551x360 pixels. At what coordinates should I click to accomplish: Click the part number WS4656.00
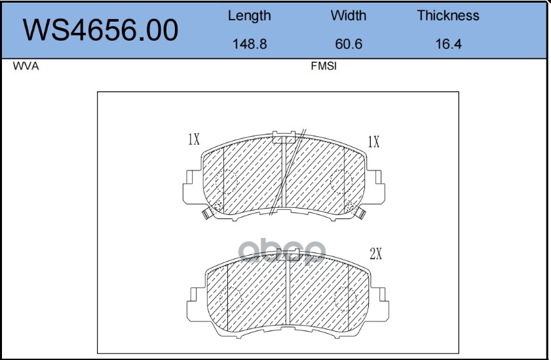click(x=100, y=30)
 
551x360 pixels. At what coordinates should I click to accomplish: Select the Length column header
click(x=249, y=16)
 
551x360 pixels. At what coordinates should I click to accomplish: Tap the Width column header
click(x=349, y=16)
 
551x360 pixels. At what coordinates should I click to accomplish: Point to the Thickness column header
click(x=448, y=16)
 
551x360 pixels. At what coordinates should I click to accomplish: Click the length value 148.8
click(x=250, y=44)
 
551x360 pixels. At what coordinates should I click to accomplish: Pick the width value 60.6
click(x=349, y=44)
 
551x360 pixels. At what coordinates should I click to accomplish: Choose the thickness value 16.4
click(x=448, y=44)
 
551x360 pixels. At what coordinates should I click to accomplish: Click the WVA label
click(x=26, y=66)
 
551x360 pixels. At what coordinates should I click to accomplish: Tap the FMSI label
click(x=324, y=66)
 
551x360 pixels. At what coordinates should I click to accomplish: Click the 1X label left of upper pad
click(x=194, y=139)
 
